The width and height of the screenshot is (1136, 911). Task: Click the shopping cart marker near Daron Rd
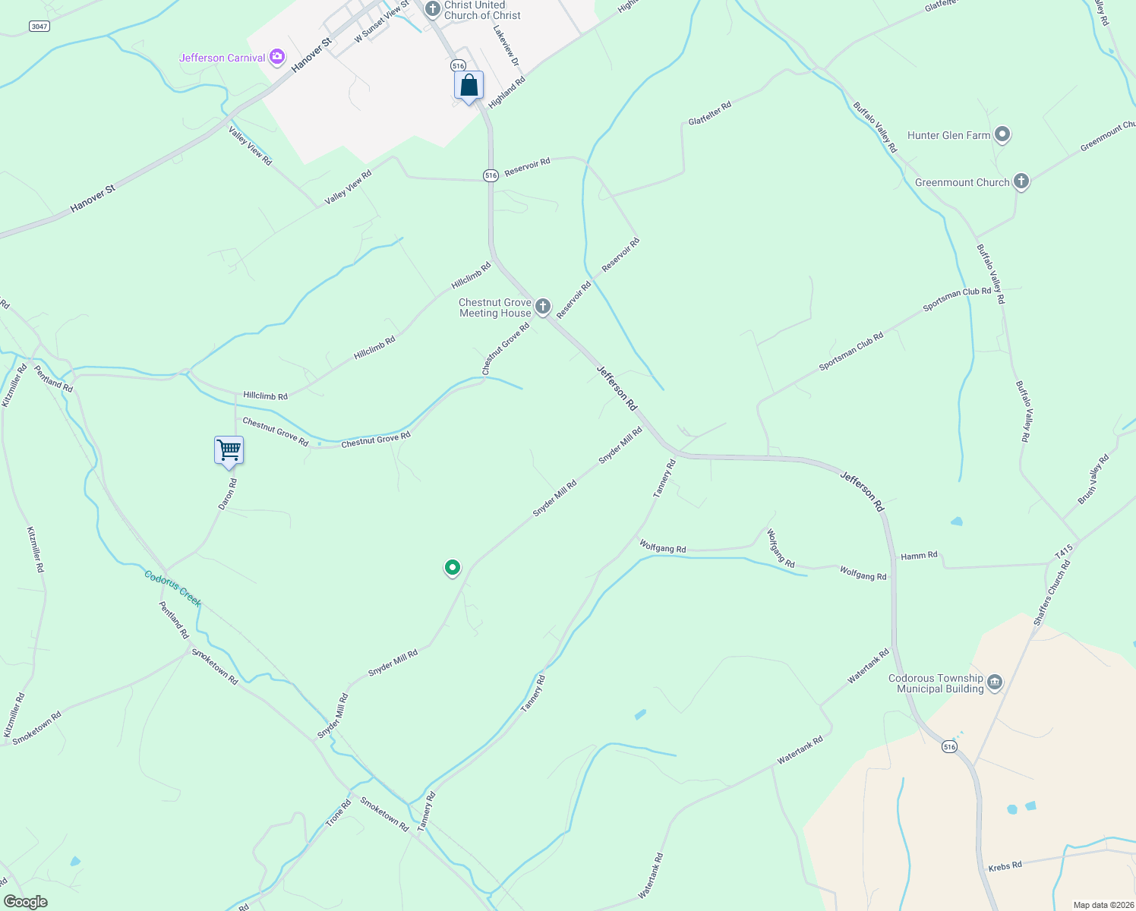point(229,451)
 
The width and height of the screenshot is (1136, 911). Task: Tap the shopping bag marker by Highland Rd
point(469,86)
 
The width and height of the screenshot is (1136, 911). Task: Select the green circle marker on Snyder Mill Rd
point(453,567)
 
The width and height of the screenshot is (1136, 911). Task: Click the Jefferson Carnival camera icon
point(278,57)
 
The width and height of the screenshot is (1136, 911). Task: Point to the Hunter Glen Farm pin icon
point(1002,135)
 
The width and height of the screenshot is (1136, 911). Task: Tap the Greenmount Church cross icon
point(1021,181)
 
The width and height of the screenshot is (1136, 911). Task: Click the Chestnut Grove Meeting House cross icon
point(542,307)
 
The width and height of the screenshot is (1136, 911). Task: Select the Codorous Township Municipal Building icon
point(995,683)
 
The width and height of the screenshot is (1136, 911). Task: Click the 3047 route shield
point(39,27)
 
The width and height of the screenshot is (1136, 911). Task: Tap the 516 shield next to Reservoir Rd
point(491,175)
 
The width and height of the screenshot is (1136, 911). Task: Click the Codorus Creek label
point(173,588)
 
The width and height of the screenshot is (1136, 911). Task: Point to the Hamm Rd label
point(919,556)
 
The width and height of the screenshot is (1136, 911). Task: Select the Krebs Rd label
point(1005,866)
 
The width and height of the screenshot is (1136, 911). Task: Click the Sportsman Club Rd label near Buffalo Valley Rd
point(957,299)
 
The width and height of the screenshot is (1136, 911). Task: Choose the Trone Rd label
point(339,813)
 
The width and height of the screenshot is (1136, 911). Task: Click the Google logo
point(25,902)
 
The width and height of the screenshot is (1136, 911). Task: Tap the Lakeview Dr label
point(506,46)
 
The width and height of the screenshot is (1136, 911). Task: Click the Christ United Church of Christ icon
point(432,9)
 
